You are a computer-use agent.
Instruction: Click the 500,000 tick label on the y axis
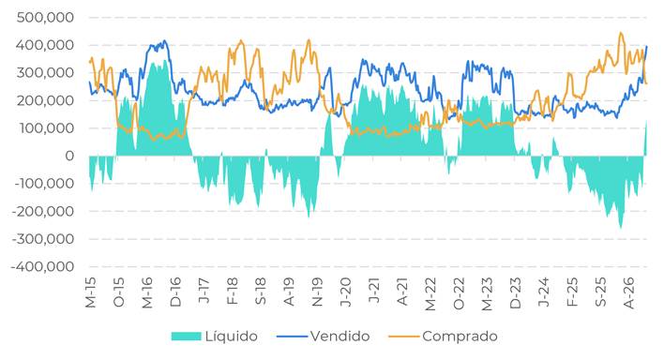point(45,18)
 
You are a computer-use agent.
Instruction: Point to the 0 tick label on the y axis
point(69,157)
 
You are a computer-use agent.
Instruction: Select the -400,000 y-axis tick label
point(43,267)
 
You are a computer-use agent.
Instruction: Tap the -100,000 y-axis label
point(43,184)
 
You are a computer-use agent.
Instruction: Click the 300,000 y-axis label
point(45,73)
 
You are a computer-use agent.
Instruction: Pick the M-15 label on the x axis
point(91,292)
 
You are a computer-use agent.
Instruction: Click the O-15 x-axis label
point(119,292)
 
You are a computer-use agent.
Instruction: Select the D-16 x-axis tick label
point(175,292)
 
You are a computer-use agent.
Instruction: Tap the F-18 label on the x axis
point(233,292)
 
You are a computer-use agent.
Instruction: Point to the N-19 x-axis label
point(318,292)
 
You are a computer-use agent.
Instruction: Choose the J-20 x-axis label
point(346,292)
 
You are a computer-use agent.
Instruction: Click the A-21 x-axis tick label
point(402,292)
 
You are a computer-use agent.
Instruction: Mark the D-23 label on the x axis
point(516,292)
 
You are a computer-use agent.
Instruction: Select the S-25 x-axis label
point(601,292)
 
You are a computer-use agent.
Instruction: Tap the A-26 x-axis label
point(629,293)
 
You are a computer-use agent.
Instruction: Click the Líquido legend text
point(232,337)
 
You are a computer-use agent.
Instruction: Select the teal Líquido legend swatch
point(186,337)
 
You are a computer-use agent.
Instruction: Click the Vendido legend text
point(340,337)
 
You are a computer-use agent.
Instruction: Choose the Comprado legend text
point(460,337)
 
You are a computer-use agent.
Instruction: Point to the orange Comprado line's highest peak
point(621,33)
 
